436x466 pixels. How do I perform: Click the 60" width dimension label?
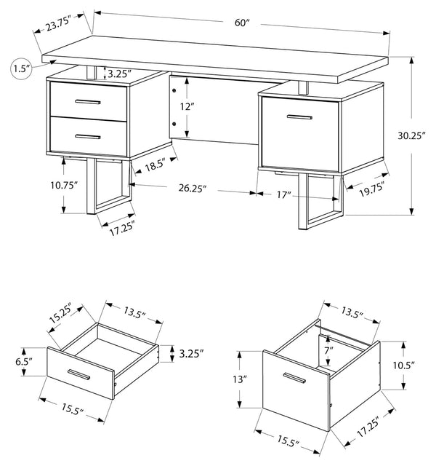(x=242, y=23)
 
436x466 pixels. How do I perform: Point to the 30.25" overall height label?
(x=412, y=136)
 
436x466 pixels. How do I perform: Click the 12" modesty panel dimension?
(x=187, y=106)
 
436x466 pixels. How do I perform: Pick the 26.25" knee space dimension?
(x=192, y=188)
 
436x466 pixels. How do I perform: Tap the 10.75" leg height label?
(x=64, y=185)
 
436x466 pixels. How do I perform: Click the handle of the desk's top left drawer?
(x=88, y=102)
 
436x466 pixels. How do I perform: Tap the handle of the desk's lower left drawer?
(x=88, y=137)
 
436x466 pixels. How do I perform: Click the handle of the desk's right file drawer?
(x=299, y=117)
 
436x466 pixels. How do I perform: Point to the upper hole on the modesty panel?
(x=174, y=90)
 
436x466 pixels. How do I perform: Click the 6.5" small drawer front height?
(x=24, y=362)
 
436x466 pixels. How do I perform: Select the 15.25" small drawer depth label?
(x=60, y=314)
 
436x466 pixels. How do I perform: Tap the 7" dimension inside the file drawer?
(x=328, y=351)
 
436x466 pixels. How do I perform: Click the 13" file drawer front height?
(x=240, y=379)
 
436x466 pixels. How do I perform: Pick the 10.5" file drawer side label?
(x=404, y=366)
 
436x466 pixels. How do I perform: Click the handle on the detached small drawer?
(x=78, y=374)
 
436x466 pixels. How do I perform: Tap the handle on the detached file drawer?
(x=294, y=378)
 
